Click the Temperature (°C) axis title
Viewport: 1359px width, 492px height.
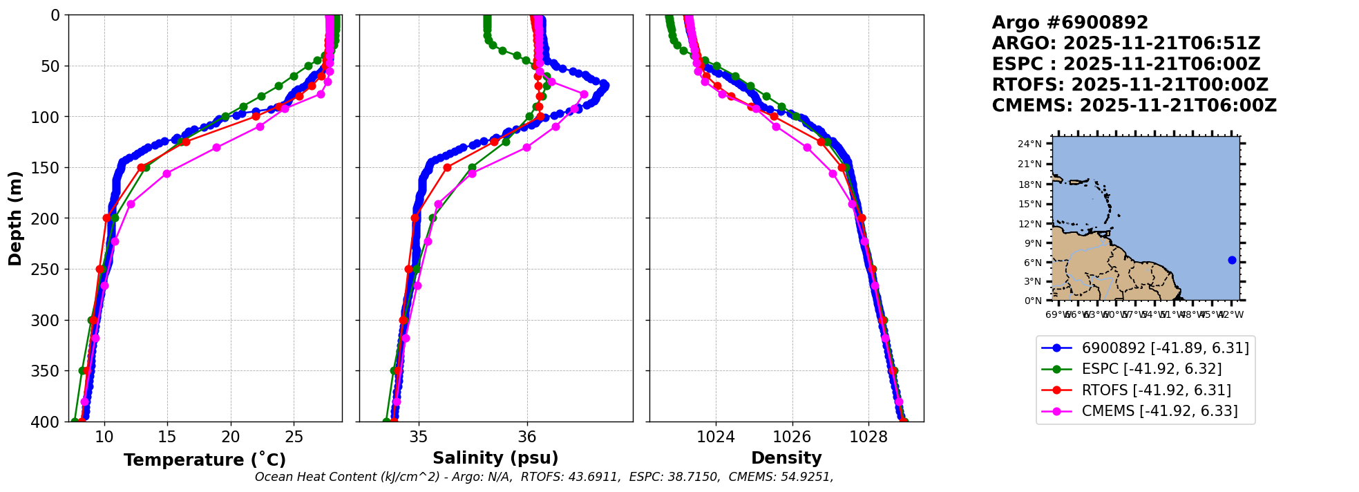coord(205,460)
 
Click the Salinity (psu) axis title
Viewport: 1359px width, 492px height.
coord(495,458)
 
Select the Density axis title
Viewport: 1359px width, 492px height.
coord(786,458)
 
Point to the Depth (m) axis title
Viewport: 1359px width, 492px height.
coord(15,218)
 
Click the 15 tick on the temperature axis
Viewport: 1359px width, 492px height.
coord(167,437)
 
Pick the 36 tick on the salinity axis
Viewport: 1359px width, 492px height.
coord(527,437)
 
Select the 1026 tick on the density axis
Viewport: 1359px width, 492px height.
coord(792,437)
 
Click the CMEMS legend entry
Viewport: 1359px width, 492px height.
coord(1159,411)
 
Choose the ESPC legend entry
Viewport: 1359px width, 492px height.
coord(1151,369)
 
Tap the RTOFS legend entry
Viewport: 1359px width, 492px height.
coord(1156,390)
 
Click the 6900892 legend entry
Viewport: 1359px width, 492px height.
coord(1165,348)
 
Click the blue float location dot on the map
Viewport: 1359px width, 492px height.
coord(1232,260)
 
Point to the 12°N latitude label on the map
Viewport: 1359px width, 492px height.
coord(1030,224)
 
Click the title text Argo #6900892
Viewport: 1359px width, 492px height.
coord(1070,23)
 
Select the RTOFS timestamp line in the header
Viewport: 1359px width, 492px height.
coord(1130,85)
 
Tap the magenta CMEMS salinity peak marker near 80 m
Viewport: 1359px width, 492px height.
coord(584,94)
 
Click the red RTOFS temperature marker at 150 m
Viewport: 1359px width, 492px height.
coord(141,167)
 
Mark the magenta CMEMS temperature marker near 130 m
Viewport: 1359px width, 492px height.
coord(216,147)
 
